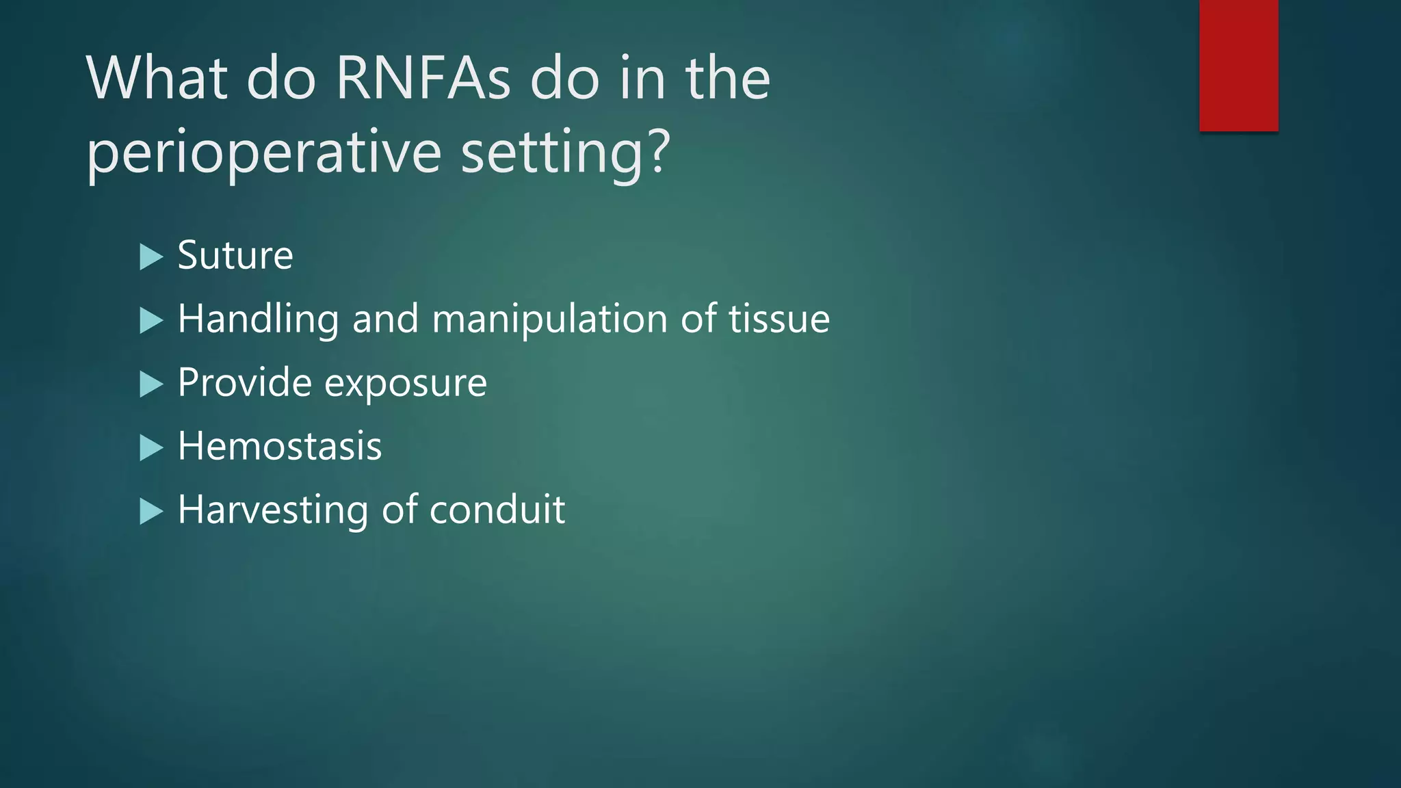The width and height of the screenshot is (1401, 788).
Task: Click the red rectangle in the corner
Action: point(1238,65)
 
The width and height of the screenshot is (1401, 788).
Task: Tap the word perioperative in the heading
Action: point(263,152)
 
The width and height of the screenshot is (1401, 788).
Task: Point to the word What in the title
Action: point(157,79)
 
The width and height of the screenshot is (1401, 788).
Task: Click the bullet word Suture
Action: point(235,255)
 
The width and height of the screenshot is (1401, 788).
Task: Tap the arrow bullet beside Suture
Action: point(151,257)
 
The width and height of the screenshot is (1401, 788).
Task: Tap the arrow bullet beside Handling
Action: point(151,321)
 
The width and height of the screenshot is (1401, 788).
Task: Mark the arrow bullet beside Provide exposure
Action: point(151,384)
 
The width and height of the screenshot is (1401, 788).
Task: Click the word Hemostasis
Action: point(279,446)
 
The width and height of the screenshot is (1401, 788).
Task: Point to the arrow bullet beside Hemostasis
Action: point(151,448)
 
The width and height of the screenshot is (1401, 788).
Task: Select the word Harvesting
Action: point(273,510)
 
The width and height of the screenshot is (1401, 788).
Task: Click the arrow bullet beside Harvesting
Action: point(151,512)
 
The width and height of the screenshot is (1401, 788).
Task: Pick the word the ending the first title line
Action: point(728,79)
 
